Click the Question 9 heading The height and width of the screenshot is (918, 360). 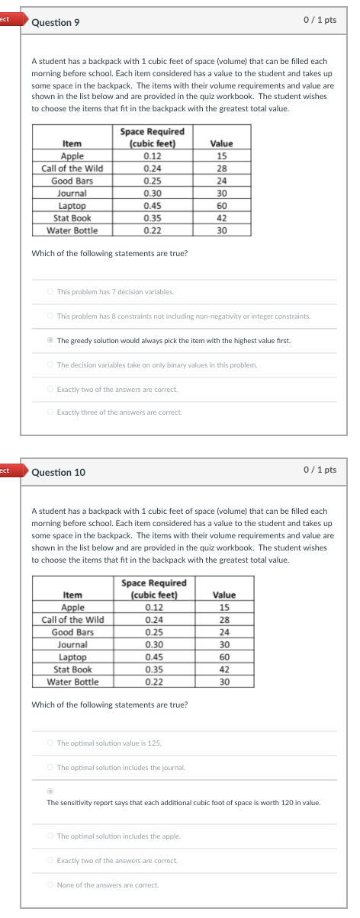(x=56, y=22)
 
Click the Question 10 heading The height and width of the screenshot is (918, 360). (x=59, y=472)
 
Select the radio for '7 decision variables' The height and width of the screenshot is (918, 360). (x=50, y=291)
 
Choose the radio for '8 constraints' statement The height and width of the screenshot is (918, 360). (x=50, y=316)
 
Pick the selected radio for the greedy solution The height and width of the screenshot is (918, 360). (x=50, y=340)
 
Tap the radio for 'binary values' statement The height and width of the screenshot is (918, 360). (x=50, y=364)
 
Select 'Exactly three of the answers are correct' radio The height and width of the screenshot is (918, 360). (x=50, y=412)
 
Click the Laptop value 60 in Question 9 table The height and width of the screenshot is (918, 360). (x=221, y=205)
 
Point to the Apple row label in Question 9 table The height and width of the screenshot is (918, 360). (x=72, y=156)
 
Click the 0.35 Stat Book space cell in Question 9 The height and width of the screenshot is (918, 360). (x=153, y=217)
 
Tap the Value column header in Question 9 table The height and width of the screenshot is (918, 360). (x=221, y=143)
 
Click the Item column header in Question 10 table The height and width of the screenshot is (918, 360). (x=73, y=595)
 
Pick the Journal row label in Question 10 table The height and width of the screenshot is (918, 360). (x=73, y=644)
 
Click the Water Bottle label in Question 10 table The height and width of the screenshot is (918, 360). (x=73, y=682)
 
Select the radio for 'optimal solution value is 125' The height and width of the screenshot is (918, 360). (x=50, y=743)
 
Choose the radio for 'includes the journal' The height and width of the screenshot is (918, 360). (x=50, y=767)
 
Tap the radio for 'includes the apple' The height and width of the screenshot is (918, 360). (x=50, y=836)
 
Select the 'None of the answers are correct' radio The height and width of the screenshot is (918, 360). (x=50, y=884)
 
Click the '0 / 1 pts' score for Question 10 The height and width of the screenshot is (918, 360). (x=319, y=470)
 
